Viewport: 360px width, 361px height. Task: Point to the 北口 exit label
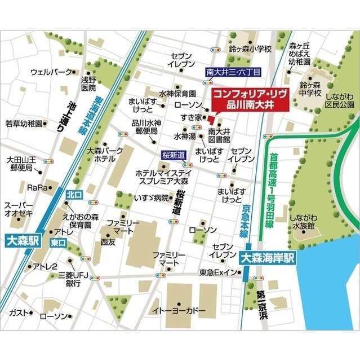coord(74,194)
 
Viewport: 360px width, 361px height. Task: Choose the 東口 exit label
coord(58,243)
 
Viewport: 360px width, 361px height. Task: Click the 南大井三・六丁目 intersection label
coord(233,73)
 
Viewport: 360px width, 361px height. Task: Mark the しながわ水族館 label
coord(304,221)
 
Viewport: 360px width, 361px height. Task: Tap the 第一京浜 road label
coord(261,307)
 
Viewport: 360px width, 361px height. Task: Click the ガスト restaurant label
coord(16,312)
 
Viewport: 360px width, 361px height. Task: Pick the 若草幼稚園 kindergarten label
coord(23,124)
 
